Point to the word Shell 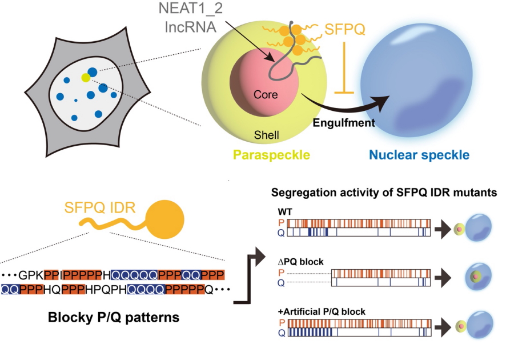pyautogui.click(x=267, y=135)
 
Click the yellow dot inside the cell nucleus pyautogui.click(x=85, y=78)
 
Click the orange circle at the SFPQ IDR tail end pyautogui.click(x=165, y=220)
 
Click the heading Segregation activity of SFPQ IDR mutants pyautogui.click(x=384, y=193)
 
